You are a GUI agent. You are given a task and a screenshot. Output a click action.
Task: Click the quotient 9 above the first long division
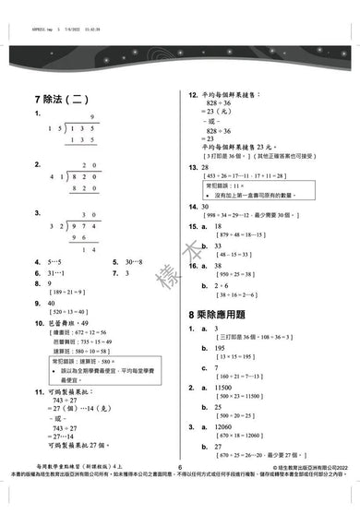coord(91,116)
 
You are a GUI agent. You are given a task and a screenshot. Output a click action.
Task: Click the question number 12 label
coord(193,95)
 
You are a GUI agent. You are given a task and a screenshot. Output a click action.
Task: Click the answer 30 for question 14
coord(205,207)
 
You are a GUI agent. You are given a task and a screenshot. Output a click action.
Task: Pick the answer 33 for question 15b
coord(219,245)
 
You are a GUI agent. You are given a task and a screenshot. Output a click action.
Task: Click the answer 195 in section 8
coord(221,346)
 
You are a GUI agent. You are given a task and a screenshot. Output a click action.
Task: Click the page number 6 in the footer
coord(180,493)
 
